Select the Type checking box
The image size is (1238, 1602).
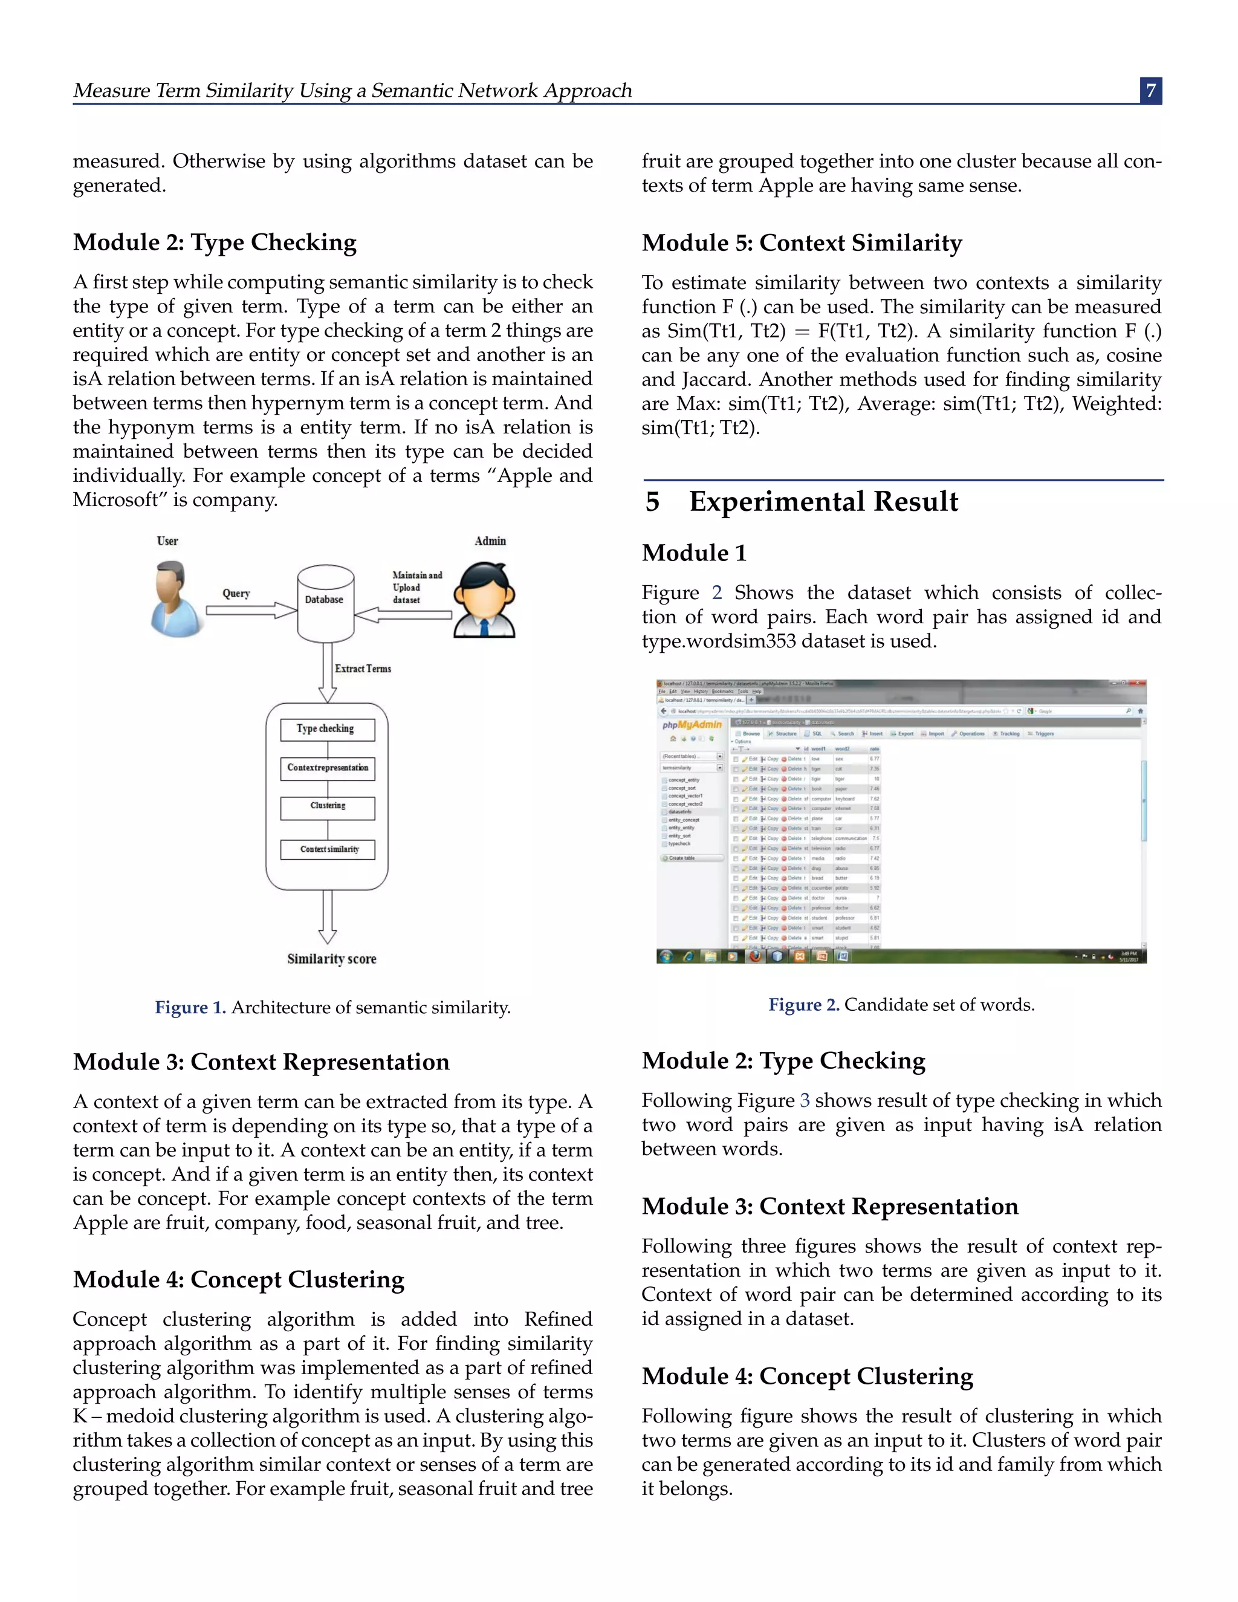click(x=327, y=729)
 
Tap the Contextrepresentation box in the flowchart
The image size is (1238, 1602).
click(x=327, y=768)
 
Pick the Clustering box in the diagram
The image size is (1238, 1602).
click(x=327, y=806)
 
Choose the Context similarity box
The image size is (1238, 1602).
click(x=327, y=849)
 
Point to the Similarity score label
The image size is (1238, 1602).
click(x=331, y=959)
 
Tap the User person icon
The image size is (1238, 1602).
click(x=176, y=598)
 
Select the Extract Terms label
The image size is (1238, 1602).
click(x=362, y=669)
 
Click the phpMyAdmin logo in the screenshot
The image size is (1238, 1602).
click(x=692, y=725)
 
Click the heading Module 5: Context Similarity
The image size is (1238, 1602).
click(x=802, y=243)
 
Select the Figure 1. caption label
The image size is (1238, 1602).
click(x=190, y=1008)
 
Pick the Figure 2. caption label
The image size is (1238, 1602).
click(x=803, y=1005)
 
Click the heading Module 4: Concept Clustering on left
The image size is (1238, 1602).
click(x=238, y=1279)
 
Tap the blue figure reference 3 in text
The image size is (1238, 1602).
click(x=805, y=1100)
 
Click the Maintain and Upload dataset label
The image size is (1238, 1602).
click(x=416, y=588)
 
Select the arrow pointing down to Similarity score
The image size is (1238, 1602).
click(x=327, y=917)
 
